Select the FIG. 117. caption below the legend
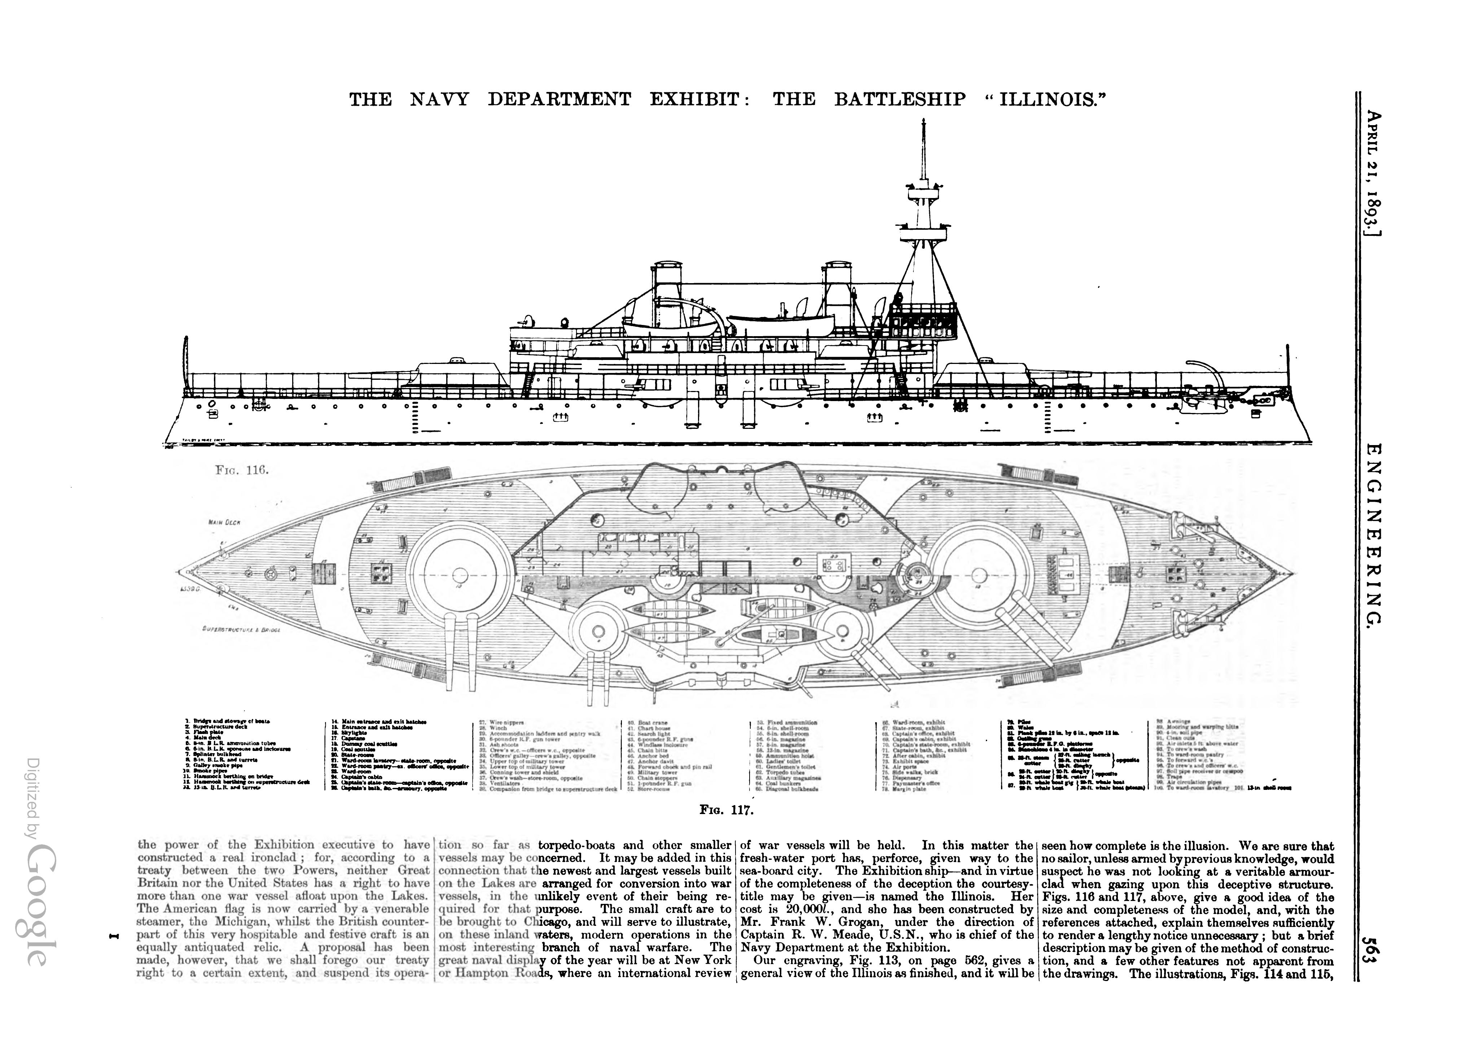pyautogui.click(x=726, y=810)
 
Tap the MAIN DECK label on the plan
pyautogui.click(x=224, y=522)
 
